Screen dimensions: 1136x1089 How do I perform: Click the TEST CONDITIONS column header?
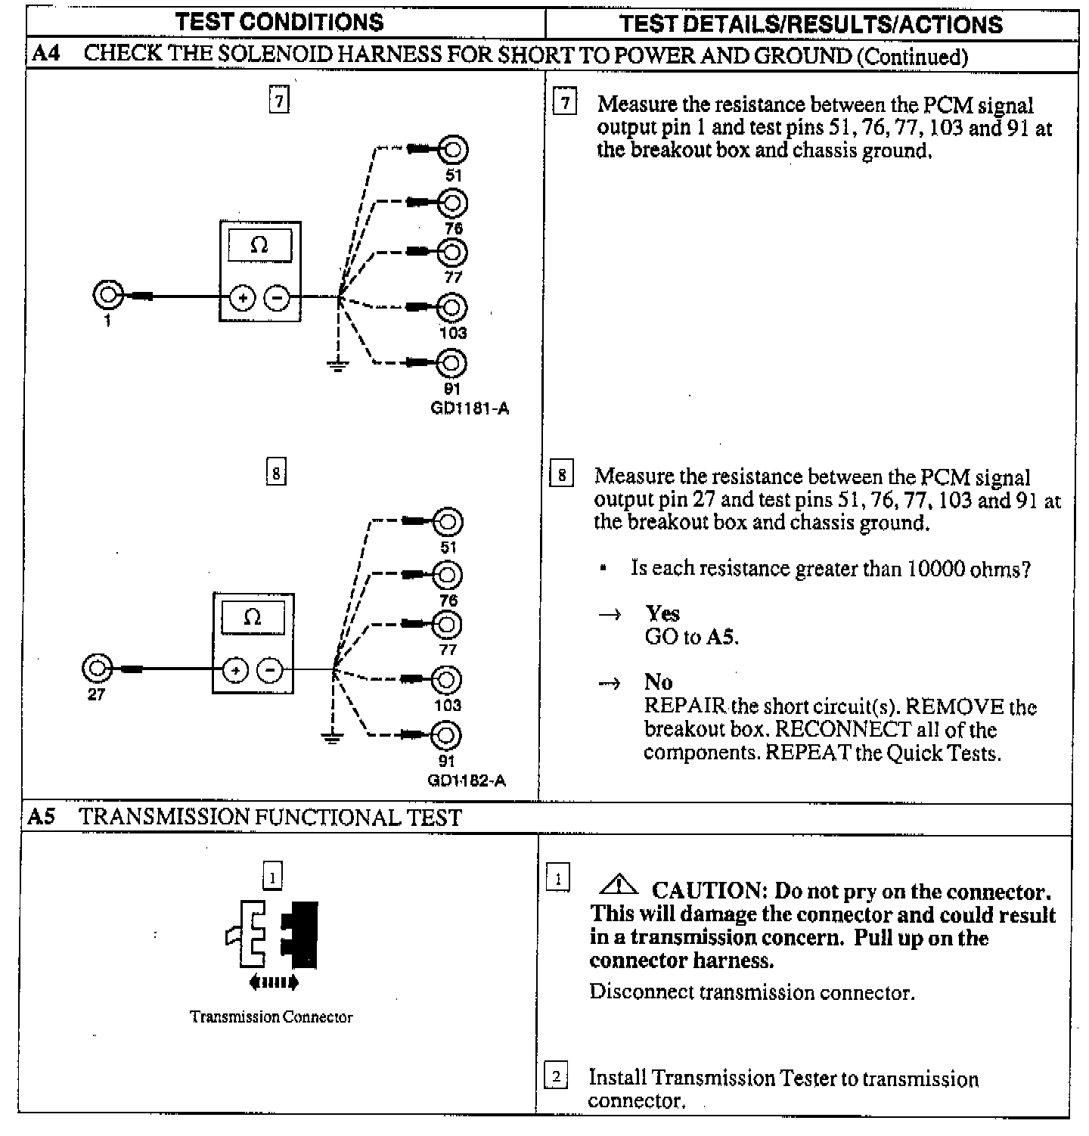tap(280, 22)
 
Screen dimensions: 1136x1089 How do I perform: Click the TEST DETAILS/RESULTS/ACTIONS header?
tap(811, 24)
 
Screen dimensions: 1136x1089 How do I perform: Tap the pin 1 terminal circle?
tap(107, 295)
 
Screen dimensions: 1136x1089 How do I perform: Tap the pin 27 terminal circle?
tap(97, 668)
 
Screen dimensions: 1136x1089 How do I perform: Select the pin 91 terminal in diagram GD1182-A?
tap(447, 734)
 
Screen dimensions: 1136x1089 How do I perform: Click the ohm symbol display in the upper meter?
tap(259, 245)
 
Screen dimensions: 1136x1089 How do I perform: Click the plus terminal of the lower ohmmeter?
tap(236, 670)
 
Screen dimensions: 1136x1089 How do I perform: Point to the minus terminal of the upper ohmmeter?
tap(278, 299)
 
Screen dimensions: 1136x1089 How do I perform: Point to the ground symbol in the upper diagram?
tap(337, 366)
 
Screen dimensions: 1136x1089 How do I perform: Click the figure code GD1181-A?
tap(469, 409)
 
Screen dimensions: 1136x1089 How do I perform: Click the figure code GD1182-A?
tap(467, 781)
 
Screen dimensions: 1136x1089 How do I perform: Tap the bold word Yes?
tap(662, 613)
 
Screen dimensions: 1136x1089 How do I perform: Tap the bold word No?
tap(658, 682)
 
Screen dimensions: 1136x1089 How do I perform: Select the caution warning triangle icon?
tap(618, 883)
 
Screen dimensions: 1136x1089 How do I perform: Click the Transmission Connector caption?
tap(271, 1017)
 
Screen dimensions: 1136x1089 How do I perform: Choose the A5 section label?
tap(41, 817)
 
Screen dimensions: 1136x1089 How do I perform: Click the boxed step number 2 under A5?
tap(556, 1075)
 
